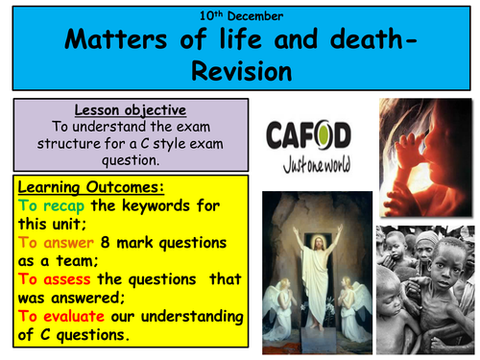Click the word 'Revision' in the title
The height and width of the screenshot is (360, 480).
[240, 69]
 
